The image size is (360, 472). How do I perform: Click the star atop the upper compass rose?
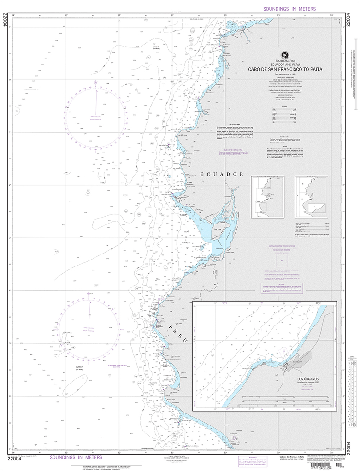click(96, 83)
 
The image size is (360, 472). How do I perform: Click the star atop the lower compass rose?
click(88, 293)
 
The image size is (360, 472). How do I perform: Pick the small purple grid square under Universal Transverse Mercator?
click(279, 260)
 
